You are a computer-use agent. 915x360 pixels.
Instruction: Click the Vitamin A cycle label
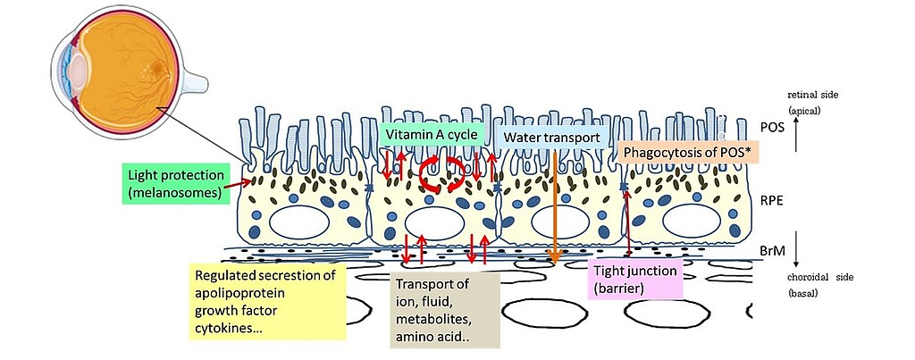pyautogui.click(x=432, y=135)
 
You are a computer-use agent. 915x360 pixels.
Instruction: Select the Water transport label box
pyautogui.click(x=555, y=138)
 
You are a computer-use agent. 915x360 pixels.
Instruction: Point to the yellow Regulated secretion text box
pyautogui.click(x=264, y=301)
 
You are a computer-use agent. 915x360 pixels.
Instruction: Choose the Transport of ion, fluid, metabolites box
pyautogui.click(x=443, y=307)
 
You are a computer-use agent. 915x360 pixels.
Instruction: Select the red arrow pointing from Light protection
pyautogui.click(x=236, y=182)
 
